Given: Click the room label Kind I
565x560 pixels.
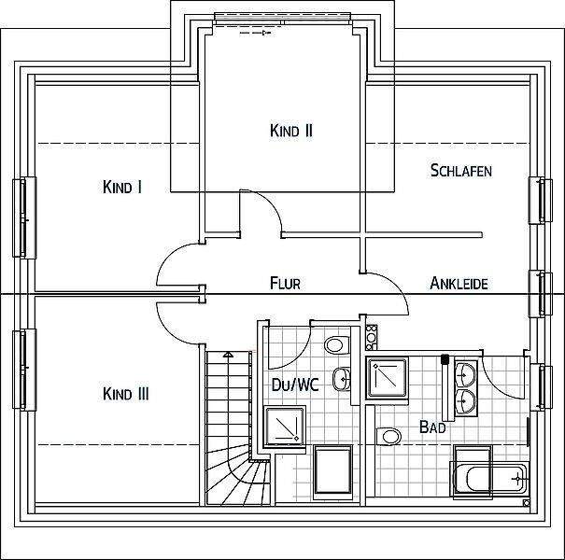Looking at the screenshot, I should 121,188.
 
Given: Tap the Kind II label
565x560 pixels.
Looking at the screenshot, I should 290,132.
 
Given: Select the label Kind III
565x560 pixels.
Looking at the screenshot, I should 124,394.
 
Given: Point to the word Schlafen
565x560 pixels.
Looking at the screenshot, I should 460,171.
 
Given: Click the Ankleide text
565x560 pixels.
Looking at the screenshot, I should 459,283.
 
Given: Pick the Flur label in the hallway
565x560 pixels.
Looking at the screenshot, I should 284,283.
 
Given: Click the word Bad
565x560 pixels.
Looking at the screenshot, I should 431,428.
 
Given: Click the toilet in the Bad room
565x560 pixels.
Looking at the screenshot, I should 387,436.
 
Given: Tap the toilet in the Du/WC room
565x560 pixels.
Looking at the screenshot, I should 334,345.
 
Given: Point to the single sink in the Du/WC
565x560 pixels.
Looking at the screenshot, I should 346,379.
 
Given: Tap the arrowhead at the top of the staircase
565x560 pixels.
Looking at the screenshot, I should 228,355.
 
